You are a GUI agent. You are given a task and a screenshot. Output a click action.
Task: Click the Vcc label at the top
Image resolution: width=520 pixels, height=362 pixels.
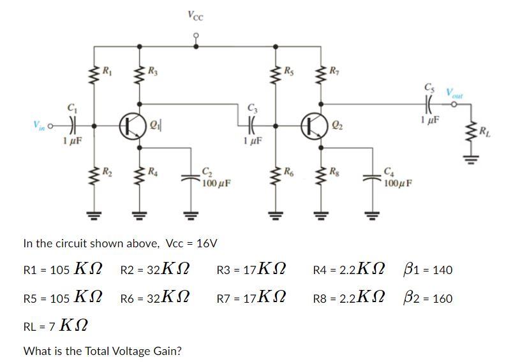point(196,15)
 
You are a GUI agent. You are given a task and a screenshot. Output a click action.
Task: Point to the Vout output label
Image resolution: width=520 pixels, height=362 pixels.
point(456,94)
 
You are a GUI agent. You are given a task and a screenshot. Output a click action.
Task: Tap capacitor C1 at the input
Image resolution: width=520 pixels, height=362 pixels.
point(73,124)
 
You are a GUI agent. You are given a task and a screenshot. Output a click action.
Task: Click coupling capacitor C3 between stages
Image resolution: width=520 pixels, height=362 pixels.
point(250,124)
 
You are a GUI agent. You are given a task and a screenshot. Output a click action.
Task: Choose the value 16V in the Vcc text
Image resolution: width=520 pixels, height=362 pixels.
point(205,243)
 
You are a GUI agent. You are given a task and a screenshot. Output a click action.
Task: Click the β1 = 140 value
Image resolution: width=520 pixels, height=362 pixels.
point(428,270)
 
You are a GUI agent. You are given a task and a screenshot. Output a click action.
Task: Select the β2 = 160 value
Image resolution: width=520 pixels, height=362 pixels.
point(428,298)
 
